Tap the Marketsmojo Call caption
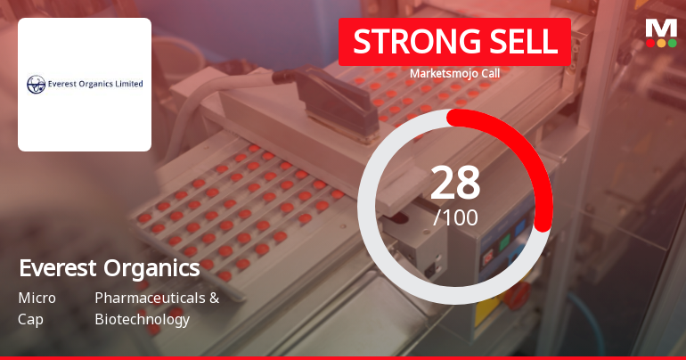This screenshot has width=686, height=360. (x=454, y=73)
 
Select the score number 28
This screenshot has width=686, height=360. (x=455, y=183)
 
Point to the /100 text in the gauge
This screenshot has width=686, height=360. (x=455, y=217)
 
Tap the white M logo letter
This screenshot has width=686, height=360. (x=661, y=29)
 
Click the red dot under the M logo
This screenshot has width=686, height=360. (x=650, y=44)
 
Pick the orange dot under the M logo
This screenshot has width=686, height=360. (x=661, y=44)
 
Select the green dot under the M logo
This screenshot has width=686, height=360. (x=672, y=44)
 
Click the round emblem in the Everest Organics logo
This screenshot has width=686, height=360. (x=36, y=85)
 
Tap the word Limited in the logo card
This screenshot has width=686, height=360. (x=129, y=84)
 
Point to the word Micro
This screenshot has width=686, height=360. (x=37, y=298)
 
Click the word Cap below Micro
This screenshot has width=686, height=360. (x=30, y=319)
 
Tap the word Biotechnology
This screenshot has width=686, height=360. (x=143, y=319)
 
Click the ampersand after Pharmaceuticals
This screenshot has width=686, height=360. (x=215, y=298)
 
